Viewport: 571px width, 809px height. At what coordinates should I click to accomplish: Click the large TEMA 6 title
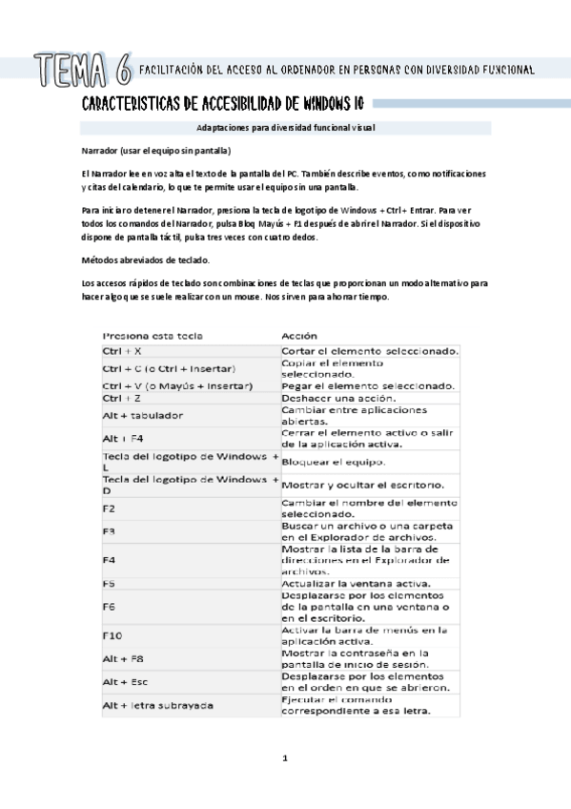(82, 68)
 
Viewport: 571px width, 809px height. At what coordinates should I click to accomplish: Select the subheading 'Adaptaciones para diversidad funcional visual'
(286, 127)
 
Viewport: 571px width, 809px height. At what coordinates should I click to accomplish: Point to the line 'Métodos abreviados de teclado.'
(145, 259)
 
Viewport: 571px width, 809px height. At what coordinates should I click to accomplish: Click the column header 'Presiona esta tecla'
(153, 336)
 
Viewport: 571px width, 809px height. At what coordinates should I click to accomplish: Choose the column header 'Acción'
(299, 336)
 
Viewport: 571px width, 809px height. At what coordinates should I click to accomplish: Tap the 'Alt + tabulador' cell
(143, 415)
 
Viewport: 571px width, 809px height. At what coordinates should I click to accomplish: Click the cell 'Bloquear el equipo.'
(333, 462)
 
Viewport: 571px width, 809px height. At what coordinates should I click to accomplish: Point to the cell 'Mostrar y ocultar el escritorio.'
(362, 484)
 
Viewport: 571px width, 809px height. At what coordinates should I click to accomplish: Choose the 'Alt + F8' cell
(123, 658)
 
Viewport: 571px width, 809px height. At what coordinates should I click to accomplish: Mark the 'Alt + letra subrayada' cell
(157, 705)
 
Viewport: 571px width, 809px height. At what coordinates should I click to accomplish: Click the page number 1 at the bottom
(284, 758)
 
